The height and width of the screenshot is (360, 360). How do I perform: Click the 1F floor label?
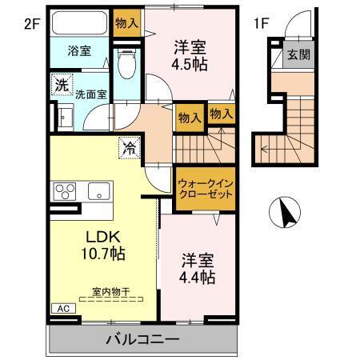(261, 24)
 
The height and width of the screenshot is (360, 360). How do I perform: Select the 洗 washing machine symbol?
(61, 83)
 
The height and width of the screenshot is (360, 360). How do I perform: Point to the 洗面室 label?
(90, 94)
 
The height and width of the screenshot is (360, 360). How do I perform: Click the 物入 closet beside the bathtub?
(126, 22)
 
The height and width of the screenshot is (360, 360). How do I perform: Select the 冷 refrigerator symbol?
(129, 147)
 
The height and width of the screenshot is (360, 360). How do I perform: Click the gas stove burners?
(64, 191)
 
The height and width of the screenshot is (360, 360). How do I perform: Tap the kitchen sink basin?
(100, 191)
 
